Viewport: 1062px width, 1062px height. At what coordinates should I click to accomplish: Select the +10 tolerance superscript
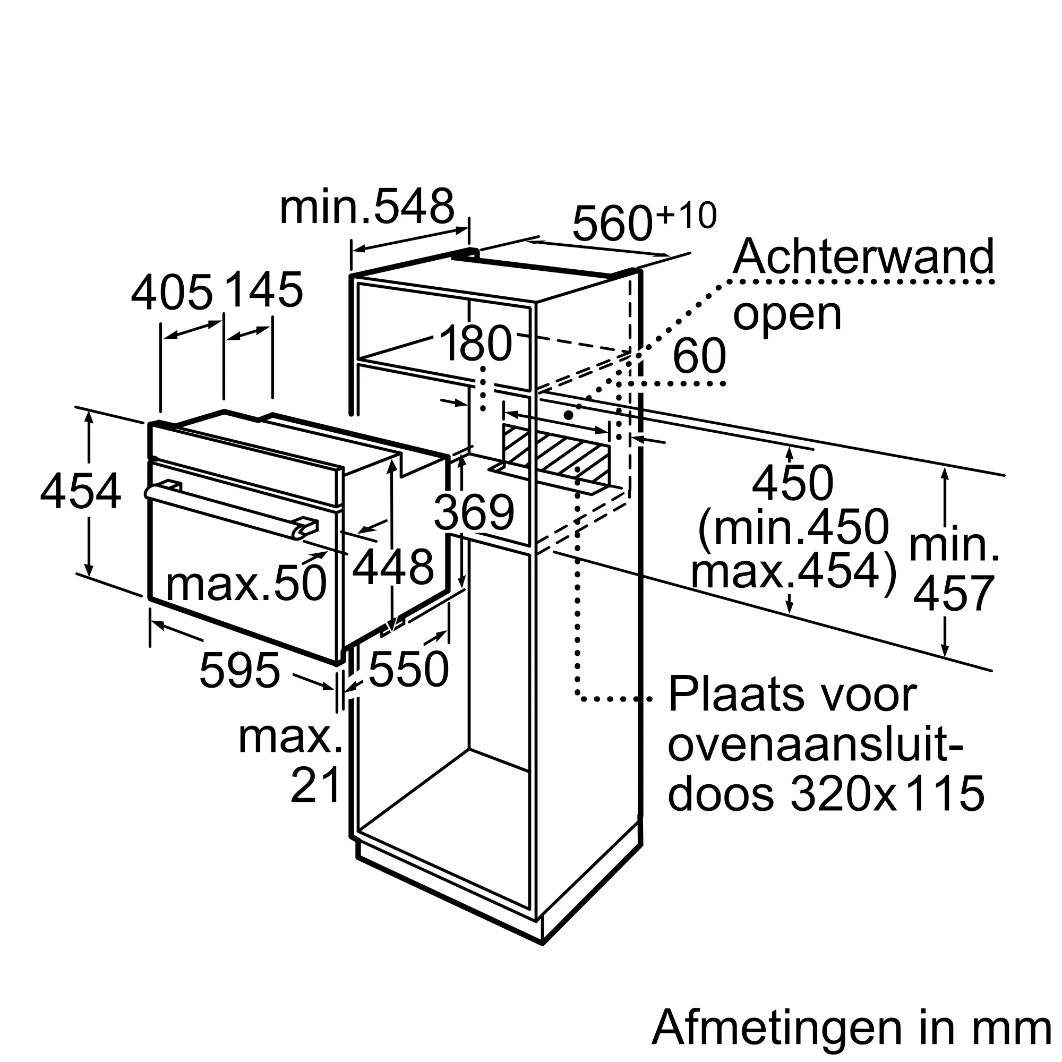click(687, 215)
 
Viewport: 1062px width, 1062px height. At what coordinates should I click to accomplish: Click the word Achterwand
click(863, 257)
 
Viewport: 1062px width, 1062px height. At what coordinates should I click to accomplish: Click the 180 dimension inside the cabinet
click(476, 344)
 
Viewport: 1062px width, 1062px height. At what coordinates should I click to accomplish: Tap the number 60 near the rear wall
click(699, 356)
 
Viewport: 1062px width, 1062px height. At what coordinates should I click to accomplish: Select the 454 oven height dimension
click(81, 492)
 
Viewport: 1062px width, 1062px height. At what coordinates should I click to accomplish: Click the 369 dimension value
click(474, 512)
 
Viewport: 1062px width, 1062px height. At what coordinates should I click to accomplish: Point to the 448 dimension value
click(393, 567)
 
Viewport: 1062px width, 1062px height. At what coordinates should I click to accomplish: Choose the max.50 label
click(246, 584)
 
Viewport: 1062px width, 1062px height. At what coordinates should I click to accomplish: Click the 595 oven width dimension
click(239, 671)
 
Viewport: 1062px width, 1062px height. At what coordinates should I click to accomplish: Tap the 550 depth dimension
click(408, 670)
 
